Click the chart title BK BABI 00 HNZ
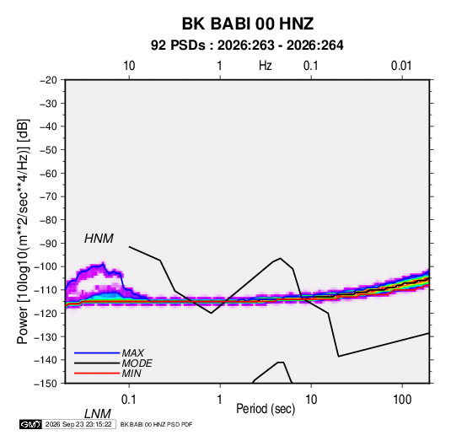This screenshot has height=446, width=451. tap(248, 24)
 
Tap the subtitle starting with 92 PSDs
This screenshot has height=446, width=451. tap(247, 46)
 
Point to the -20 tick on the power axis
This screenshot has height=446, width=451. tap(48, 80)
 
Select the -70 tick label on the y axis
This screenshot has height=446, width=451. tap(48, 196)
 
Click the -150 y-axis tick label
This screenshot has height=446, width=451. tap(46, 384)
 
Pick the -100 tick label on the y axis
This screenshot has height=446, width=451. tap(46, 266)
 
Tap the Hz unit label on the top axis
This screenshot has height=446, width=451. tap(266, 66)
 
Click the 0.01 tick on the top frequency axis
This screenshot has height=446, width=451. tap(401, 66)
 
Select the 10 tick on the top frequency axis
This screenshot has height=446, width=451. tap(129, 66)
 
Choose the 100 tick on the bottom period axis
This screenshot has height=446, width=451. tap(402, 400)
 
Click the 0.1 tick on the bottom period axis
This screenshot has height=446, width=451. tap(129, 400)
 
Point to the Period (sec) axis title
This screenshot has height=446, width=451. tap(266, 409)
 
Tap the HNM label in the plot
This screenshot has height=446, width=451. tap(99, 239)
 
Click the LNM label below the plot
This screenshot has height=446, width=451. tap(98, 414)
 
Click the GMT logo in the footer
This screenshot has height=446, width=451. tap(31, 424)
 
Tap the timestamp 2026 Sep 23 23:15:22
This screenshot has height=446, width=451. tap(78, 424)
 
